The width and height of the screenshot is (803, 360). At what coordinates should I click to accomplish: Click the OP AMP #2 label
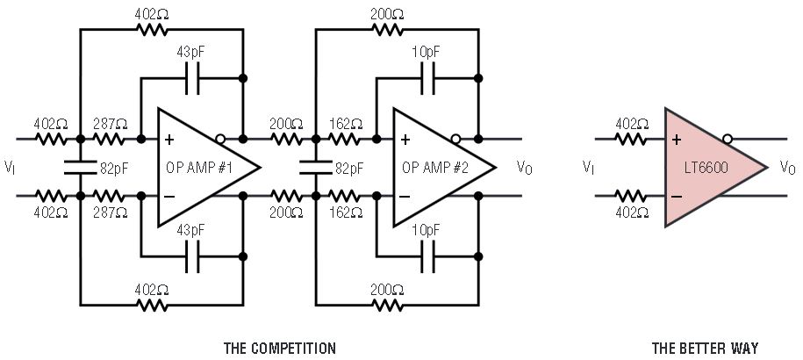[436, 167]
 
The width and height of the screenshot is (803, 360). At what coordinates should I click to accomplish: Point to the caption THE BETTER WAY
[705, 348]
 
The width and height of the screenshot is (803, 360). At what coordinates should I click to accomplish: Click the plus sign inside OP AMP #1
[169, 140]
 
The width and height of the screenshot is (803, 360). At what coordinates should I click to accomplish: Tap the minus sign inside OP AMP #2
[405, 196]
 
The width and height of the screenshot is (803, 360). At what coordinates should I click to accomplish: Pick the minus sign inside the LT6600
[677, 196]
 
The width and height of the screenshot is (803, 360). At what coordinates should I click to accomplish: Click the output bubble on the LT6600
[728, 139]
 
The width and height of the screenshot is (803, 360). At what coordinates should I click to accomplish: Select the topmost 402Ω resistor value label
[154, 14]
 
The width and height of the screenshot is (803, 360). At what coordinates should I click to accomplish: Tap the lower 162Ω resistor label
[344, 211]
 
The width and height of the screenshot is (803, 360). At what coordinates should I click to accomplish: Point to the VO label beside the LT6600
[787, 168]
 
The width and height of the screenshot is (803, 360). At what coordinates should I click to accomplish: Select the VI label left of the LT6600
[588, 168]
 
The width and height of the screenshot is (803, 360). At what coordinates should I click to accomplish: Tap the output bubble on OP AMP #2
[456, 139]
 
